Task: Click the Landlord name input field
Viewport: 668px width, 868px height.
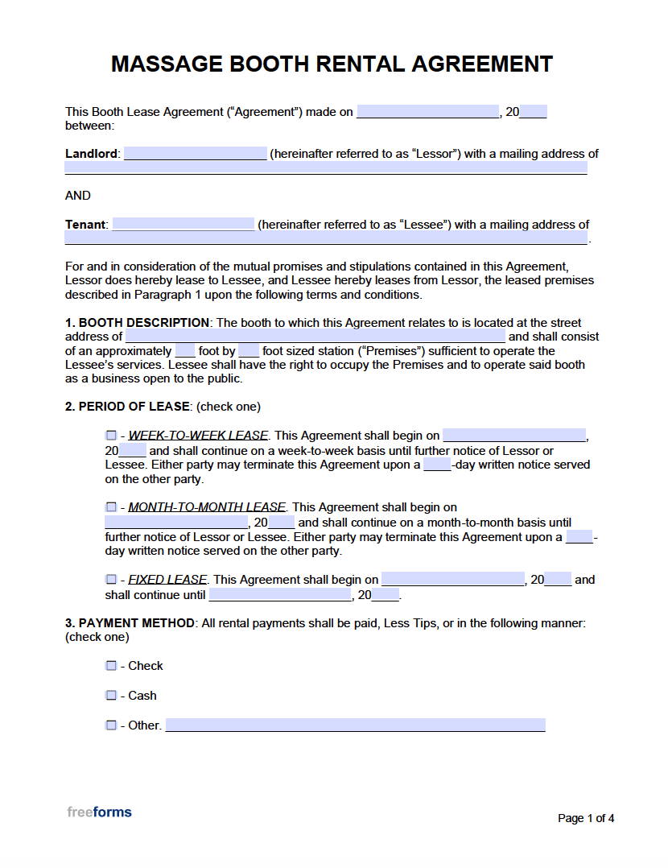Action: [195, 154]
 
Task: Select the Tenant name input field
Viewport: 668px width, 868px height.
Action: [183, 225]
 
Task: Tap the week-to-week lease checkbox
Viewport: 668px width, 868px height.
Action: [111, 436]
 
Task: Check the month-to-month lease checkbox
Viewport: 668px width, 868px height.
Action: [111, 507]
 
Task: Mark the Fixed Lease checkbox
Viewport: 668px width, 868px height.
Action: [111, 580]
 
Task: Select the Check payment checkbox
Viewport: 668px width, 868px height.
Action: [111, 666]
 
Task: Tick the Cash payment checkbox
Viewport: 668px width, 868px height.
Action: [111, 696]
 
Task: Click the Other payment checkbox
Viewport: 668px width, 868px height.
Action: [111, 725]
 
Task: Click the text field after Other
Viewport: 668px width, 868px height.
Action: [355, 725]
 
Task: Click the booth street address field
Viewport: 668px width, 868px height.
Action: [315, 337]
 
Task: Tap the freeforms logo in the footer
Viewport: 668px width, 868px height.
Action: [99, 812]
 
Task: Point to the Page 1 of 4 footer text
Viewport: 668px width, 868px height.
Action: [586, 818]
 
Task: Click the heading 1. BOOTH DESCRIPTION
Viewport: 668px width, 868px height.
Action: [138, 323]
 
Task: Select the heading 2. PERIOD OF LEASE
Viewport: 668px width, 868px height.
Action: [127, 407]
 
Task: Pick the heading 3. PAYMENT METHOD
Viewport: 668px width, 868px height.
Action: [130, 623]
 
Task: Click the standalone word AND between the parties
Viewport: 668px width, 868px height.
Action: [78, 196]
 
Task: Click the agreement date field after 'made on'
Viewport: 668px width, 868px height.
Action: [427, 112]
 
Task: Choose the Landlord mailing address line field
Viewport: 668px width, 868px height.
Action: [325, 168]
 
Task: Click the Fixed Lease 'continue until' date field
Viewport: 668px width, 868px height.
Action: [280, 595]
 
